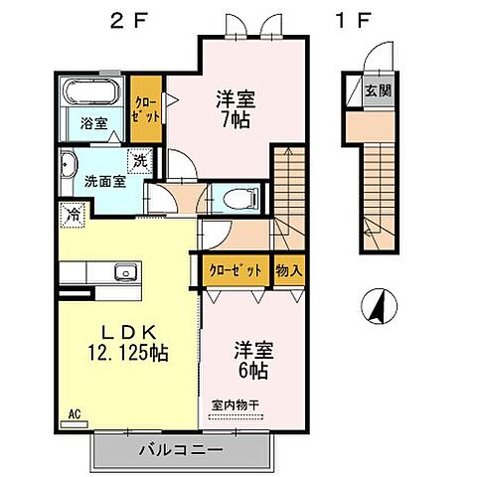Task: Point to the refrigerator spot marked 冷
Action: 73,212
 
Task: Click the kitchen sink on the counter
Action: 125,271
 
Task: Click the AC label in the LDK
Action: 76,413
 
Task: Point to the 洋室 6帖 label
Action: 253,360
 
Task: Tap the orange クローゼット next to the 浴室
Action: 148,107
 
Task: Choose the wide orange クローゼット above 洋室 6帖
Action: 236,269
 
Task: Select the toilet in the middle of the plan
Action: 236,196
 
